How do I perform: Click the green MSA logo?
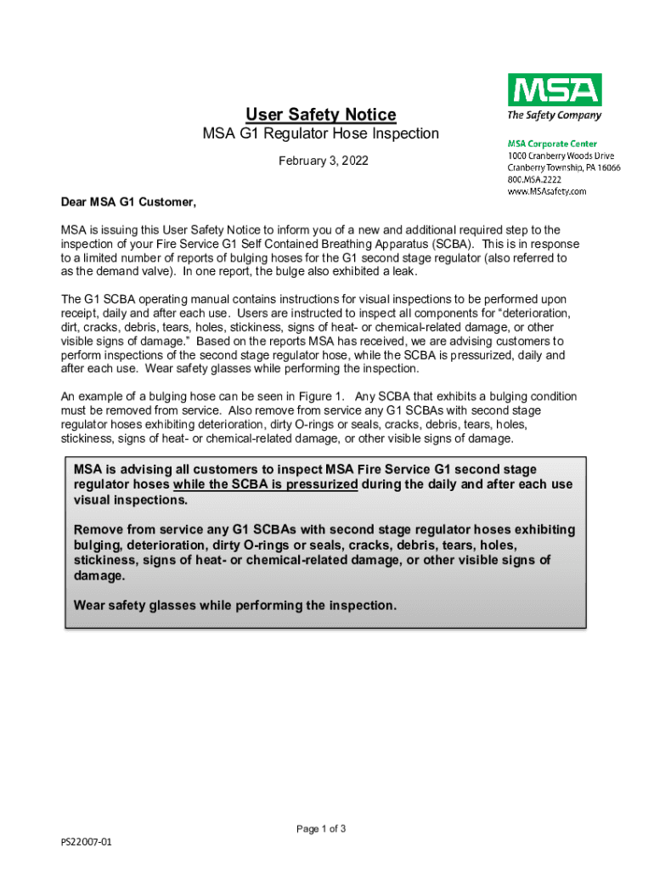point(554,89)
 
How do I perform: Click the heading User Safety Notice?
point(320,114)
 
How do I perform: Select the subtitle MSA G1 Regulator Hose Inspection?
point(320,133)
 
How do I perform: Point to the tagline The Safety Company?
point(554,116)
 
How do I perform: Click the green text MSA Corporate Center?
point(552,144)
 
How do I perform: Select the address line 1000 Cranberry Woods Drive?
point(561,156)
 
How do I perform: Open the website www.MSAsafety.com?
point(547,192)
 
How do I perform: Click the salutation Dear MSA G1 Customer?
point(128,202)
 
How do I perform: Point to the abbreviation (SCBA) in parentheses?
point(448,244)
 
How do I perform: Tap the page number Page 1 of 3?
point(320,829)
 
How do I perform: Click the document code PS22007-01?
point(86,842)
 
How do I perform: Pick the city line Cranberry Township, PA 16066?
point(564,168)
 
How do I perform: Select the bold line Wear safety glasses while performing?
point(235,606)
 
